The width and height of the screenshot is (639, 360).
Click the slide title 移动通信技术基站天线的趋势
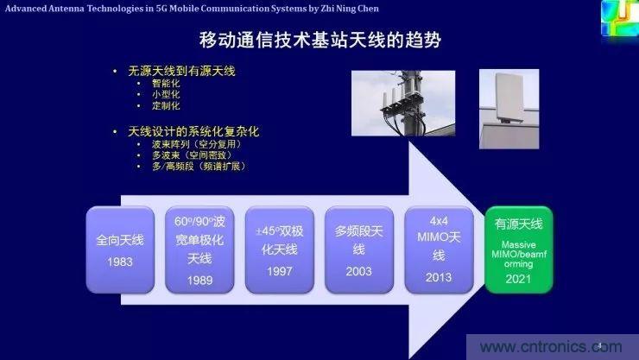pyautogui.click(x=319, y=40)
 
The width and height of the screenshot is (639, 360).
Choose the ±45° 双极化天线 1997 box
pyautogui.click(x=278, y=246)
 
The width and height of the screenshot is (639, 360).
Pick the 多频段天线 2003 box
pyautogui.click(x=358, y=246)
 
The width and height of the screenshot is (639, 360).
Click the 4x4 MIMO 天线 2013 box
pyautogui.click(x=438, y=246)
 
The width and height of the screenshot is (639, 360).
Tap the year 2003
pyautogui.click(x=358, y=270)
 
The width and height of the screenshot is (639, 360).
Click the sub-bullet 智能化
pyautogui.click(x=165, y=83)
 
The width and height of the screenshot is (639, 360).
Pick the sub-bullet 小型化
pyautogui.click(x=165, y=94)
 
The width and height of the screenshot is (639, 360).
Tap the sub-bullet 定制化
pyautogui.click(x=165, y=105)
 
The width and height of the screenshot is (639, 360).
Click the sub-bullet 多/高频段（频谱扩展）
pyautogui.click(x=198, y=166)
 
